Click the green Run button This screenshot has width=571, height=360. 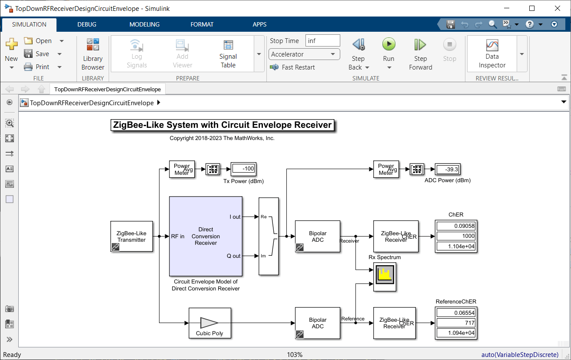pos(388,44)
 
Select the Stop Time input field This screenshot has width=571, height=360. pos(322,41)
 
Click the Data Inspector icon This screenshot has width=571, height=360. pos(492,45)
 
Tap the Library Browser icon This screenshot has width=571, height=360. pos(93,44)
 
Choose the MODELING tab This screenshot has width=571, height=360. pos(144,24)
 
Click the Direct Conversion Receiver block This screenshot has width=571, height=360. pos(206,236)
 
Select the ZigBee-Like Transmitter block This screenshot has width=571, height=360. pos(132,237)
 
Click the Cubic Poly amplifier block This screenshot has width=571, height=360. pos(210,323)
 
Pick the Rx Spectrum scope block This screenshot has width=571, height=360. pos(385,277)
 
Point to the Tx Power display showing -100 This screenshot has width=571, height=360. pos(243,169)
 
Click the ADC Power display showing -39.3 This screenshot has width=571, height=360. pos(448,169)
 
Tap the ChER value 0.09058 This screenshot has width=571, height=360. pos(456,226)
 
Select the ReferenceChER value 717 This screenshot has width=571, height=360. pos(456,323)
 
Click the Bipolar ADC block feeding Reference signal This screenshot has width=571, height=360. pos(318,323)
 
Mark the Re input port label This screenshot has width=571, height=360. pos(264,217)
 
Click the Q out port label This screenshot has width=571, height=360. pos(233,256)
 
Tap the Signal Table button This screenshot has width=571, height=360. pos(228,54)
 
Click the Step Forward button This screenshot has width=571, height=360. pos(420,54)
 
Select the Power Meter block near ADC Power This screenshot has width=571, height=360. pos(386,169)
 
